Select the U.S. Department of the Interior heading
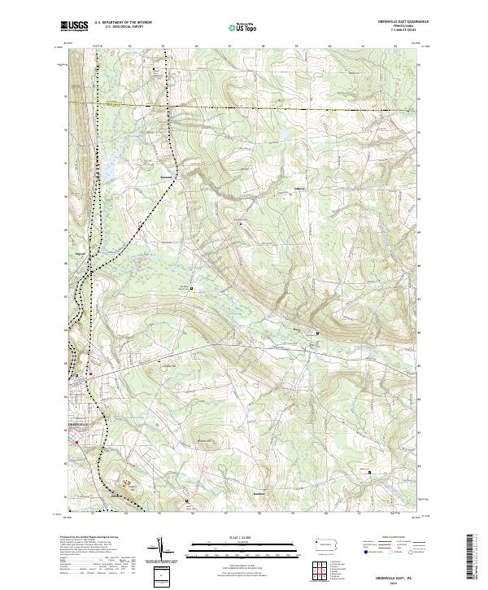coord(123,23)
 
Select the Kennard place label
coord(166,177)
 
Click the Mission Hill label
coord(204,441)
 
